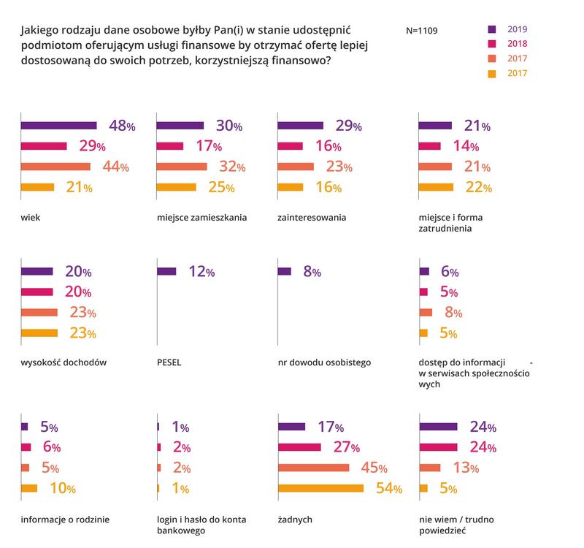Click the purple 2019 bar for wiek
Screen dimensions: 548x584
[59, 125]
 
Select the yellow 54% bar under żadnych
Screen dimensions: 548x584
[321, 488]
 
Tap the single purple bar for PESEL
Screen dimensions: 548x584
[166, 271]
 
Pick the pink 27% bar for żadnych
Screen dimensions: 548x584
[300, 447]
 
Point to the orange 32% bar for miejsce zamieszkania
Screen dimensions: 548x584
[182, 167]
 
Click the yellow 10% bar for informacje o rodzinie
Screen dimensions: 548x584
[29, 488]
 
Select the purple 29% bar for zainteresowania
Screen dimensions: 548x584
[302, 125]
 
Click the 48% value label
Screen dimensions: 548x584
[121, 126]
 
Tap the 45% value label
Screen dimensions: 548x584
[374, 468]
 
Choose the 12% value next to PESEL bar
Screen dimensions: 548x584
[200, 272]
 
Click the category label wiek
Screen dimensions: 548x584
[31, 218]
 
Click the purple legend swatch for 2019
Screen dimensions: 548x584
[492, 29]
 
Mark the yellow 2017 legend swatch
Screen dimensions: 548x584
[492, 73]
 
